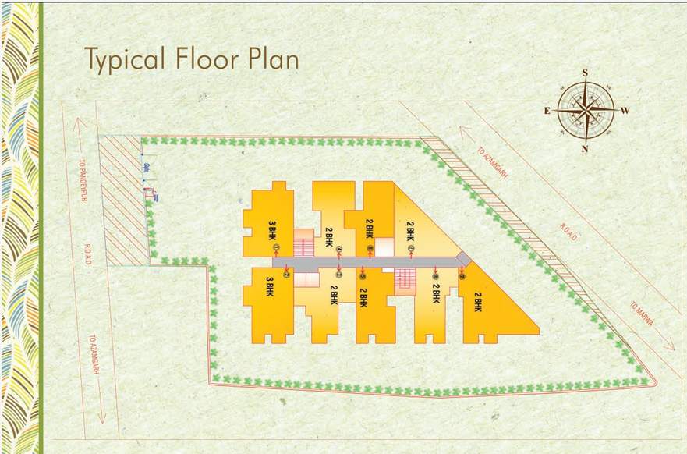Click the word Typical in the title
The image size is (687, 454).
[x=126, y=59]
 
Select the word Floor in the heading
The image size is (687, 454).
[x=208, y=59]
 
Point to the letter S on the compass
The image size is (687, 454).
[x=585, y=73]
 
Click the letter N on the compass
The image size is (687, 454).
[x=585, y=148]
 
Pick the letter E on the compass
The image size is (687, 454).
[x=547, y=111]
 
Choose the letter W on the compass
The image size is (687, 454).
[x=625, y=111]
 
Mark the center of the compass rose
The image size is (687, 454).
[x=585, y=111]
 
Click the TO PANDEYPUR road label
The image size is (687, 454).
[x=83, y=188]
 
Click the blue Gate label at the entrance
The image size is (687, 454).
[x=146, y=167]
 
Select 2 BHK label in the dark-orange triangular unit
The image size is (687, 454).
[x=478, y=302]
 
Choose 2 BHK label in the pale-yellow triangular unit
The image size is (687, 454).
[x=410, y=232]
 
